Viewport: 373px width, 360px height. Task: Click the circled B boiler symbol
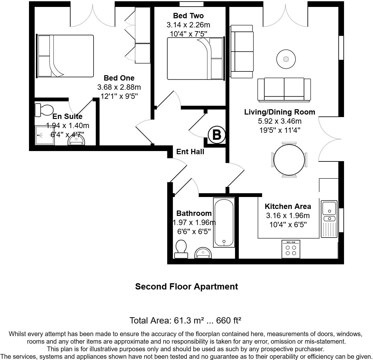coord(217,135)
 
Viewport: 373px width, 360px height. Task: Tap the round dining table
coord(290,160)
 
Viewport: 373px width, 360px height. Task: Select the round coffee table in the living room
coord(286,59)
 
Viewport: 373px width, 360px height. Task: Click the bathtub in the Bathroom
coord(224,222)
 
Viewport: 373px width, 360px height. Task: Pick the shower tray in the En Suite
coord(44,135)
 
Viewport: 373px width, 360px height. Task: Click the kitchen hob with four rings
coord(291,249)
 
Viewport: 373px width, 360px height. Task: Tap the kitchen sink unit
coord(329,219)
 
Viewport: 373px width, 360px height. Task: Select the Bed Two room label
coord(188,16)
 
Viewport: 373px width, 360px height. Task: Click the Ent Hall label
coord(190,152)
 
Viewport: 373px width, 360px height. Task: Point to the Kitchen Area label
coord(288,206)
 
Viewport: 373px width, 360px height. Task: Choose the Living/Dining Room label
coord(279,112)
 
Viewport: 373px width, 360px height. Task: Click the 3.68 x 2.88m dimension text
coord(119,87)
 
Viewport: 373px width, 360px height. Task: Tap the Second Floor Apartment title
coord(186,287)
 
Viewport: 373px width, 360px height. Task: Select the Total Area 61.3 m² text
coord(186,321)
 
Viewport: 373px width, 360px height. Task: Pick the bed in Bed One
coord(66,56)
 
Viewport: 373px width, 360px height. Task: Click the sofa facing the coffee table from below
coord(284,90)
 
